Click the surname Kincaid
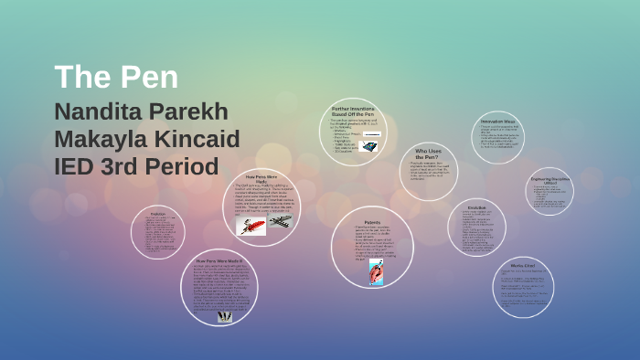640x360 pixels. (x=198, y=140)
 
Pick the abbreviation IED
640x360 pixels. (x=76, y=167)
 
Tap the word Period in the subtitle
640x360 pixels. (x=190, y=167)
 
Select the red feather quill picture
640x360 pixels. (x=251, y=225)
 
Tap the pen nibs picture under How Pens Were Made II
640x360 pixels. (x=224, y=315)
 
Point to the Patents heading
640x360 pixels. (x=372, y=222)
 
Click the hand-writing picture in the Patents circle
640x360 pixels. (x=376, y=271)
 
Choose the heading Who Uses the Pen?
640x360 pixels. (x=428, y=154)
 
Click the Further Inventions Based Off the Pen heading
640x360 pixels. (x=353, y=111)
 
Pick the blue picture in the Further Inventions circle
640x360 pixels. (x=371, y=144)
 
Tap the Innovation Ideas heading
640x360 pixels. (x=498, y=121)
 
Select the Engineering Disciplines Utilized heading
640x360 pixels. (x=549, y=180)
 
